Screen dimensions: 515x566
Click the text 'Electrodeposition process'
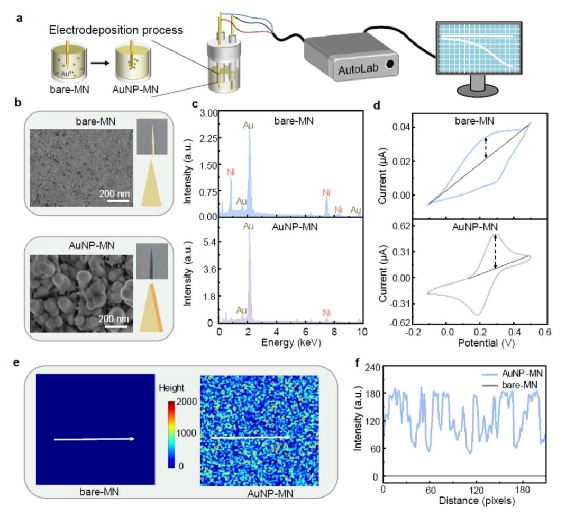pos(116,30)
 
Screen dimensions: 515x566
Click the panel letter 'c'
pos(194,104)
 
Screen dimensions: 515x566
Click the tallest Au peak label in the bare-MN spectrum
pos(249,125)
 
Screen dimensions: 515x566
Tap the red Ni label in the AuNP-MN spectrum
pos(326,313)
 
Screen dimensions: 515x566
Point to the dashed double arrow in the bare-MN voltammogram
pos(486,148)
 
